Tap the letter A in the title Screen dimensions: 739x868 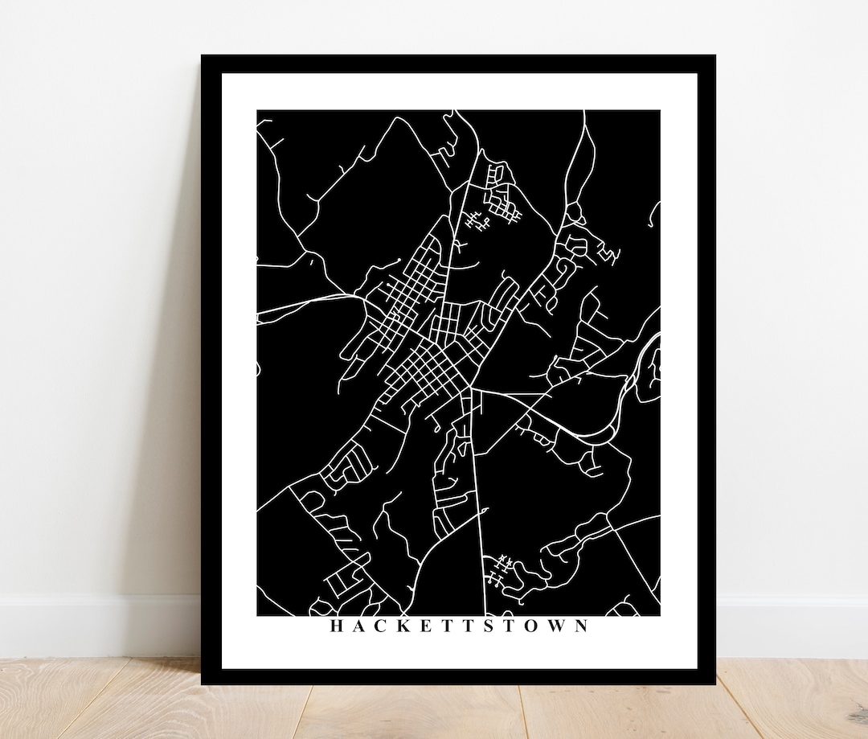click(x=358, y=626)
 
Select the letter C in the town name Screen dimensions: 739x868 click(x=381, y=626)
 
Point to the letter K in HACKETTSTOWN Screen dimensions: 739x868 click(x=405, y=626)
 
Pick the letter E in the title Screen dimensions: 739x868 click(x=428, y=626)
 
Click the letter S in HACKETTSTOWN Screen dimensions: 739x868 click(x=489, y=626)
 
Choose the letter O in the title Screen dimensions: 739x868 click(x=532, y=626)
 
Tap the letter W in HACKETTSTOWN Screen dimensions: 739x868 click(x=557, y=626)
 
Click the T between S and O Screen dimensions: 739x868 click(x=510, y=626)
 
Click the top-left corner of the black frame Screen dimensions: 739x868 click(x=203, y=56)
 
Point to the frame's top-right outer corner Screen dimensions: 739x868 click(x=714, y=56)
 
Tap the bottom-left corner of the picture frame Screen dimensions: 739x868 click(x=203, y=684)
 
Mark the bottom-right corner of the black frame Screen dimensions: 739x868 click(x=714, y=684)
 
